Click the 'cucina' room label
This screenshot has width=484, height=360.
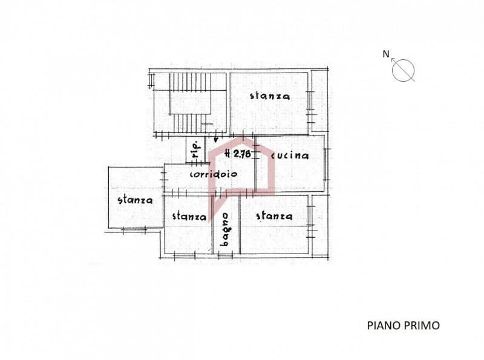[x=290, y=155]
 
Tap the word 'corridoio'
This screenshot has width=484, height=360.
[x=214, y=174]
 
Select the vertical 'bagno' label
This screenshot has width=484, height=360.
[x=226, y=229]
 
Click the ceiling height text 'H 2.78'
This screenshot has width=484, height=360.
[x=238, y=154]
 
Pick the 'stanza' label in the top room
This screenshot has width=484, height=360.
[x=270, y=96]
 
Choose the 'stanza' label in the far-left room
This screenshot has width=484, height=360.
[x=135, y=200]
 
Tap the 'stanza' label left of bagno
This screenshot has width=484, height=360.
[x=189, y=216]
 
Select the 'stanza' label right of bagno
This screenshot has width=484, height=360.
[x=275, y=215]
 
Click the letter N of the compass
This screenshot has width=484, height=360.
[x=386, y=54]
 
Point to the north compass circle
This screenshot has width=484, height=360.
[x=403, y=70]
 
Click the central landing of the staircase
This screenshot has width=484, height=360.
[x=190, y=102]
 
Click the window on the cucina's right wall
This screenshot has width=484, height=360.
[x=325, y=164]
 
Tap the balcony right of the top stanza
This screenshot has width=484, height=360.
[x=319, y=100]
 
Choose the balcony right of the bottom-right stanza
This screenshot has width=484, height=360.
[x=320, y=226]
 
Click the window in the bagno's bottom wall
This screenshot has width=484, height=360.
[x=226, y=255]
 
